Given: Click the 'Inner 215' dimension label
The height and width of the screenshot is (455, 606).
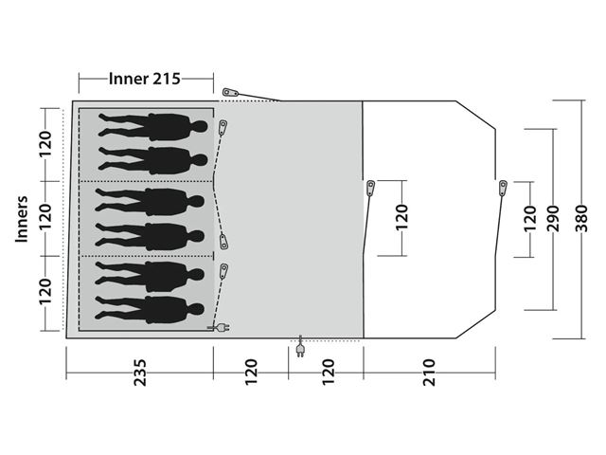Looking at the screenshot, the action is coord(145,79).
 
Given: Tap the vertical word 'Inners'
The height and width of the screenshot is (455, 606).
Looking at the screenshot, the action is coord(22,219).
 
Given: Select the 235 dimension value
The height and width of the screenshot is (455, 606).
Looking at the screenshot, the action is coord(140,373).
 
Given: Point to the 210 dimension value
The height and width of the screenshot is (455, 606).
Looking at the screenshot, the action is coord(429,373).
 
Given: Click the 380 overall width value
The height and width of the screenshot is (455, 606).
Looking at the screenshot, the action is coord(581,219).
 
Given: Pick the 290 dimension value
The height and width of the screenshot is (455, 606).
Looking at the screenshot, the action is coord(553,219).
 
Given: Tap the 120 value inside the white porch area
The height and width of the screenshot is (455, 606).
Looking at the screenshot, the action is coord(401,217).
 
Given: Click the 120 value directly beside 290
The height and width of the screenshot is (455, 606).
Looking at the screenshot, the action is coord(530,219).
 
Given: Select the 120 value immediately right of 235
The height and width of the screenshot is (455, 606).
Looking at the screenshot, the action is coord(251,373).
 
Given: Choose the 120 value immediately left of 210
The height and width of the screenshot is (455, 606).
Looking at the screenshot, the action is coord(328,373).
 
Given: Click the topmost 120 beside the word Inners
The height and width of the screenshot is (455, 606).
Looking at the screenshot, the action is coord(45,144).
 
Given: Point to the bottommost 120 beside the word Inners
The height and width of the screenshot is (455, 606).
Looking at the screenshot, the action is coord(45,291).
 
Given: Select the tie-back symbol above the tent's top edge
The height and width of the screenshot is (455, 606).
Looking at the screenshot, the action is coord(232,93).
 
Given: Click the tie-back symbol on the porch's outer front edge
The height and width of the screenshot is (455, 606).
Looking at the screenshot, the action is coord(503,188).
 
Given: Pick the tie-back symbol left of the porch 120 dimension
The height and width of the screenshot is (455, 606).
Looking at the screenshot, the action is coord(370,189).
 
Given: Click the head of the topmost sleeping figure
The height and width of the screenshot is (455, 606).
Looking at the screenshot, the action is coord(200,126).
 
